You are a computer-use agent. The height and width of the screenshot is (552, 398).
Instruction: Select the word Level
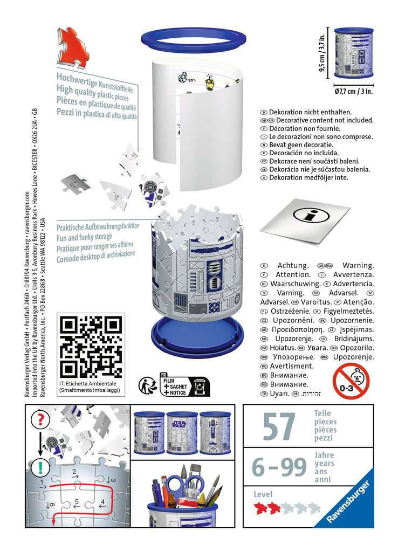(263, 494)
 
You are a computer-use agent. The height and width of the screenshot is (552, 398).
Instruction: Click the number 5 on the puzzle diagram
(77, 502)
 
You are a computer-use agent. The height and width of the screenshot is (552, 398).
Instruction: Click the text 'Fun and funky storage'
(85, 237)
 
